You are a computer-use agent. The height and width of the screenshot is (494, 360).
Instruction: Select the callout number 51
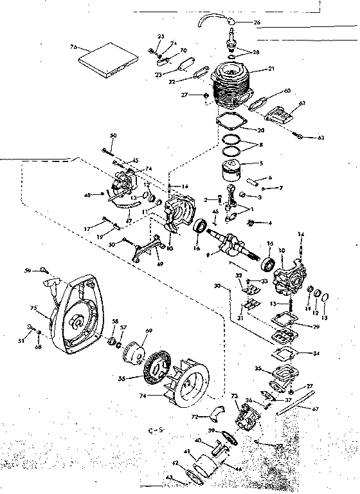[21, 341]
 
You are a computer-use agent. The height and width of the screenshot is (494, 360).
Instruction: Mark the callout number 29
[316, 327]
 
